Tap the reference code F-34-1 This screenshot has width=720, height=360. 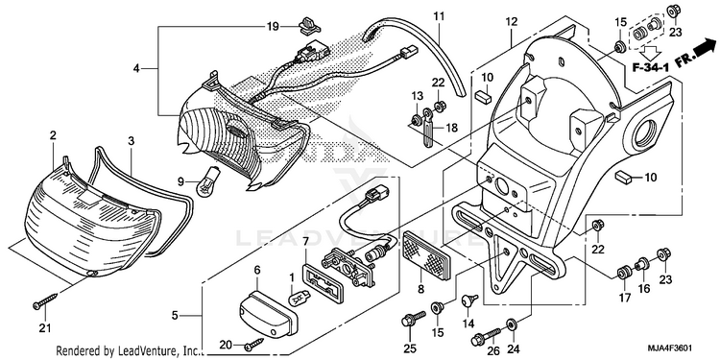[x=650, y=68]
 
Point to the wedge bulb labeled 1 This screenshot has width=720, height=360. [x=296, y=300]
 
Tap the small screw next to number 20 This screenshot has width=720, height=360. [x=254, y=344]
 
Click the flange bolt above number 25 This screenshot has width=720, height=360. [x=413, y=318]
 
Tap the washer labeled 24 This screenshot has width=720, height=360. [x=512, y=325]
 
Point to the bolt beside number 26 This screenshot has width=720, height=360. [x=486, y=338]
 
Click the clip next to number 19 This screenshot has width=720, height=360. [x=306, y=25]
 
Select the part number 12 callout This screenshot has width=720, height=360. [x=512, y=21]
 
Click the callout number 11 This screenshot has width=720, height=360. [x=440, y=17]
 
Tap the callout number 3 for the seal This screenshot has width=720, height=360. [x=131, y=141]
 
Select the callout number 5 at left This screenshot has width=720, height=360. [x=175, y=316]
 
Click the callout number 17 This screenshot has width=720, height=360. [x=624, y=298]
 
